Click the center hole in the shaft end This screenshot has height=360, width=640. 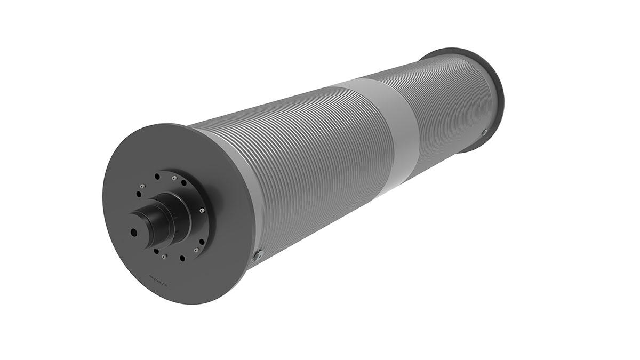[x=133, y=232]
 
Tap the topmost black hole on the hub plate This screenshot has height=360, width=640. [x=157, y=176]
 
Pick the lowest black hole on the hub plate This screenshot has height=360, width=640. [x=182, y=259]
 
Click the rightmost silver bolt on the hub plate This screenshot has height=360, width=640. [x=202, y=211]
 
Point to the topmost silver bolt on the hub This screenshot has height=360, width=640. [x=174, y=178]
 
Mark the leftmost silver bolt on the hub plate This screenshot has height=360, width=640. [x=142, y=186]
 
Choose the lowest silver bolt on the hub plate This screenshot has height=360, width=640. [x=164, y=257]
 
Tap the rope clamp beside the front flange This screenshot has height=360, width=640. [x=259, y=255]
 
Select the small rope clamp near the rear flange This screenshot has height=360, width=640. [x=484, y=132]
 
